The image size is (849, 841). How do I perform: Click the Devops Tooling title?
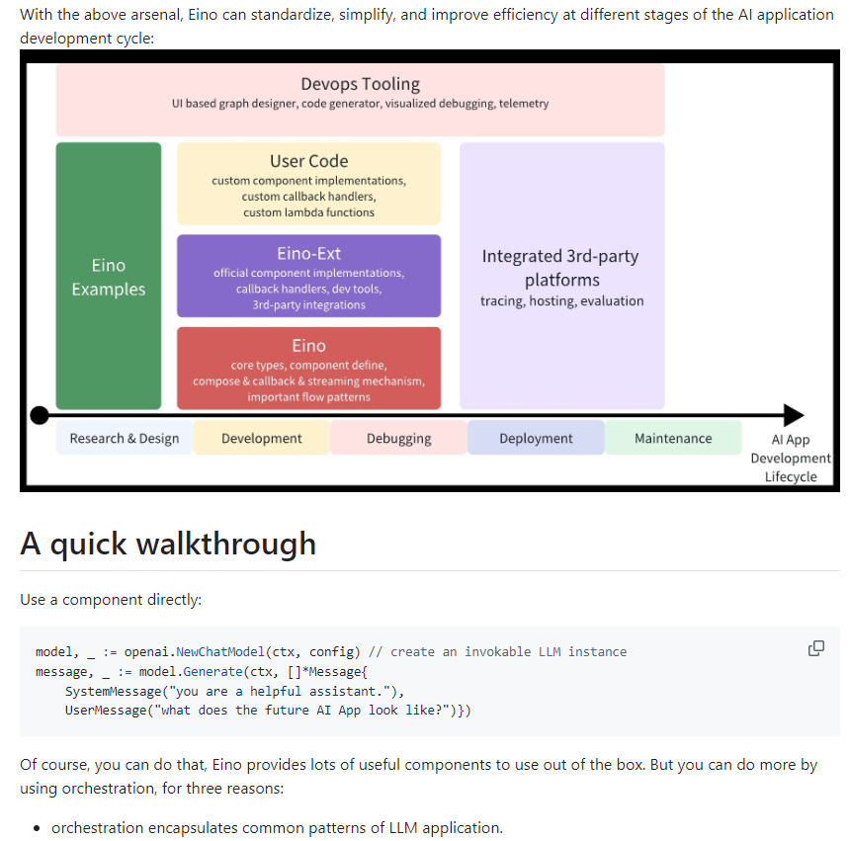click(x=360, y=84)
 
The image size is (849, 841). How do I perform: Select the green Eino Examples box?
click(x=109, y=277)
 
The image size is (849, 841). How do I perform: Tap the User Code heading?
click(x=308, y=161)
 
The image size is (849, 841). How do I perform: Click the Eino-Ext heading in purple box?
click(x=308, y=253)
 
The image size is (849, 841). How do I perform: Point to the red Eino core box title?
click(x=308, y=346)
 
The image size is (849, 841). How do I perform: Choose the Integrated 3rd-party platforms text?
click(x=560, y=268)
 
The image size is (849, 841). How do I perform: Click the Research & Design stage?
click(x=125, y=438)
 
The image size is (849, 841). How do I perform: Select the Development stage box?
click(x=262, y=438)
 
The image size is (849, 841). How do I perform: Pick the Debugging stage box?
click(x=398, y=438)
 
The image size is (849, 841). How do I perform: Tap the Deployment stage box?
click(x=536, y=438)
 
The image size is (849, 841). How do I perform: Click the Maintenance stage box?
click(x=673, y=438)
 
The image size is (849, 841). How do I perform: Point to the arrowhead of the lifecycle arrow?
click(x=794, y=415)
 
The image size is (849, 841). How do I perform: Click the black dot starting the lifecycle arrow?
click(x=40, y=415)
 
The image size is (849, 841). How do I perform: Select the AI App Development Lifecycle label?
click(x=791, y=459)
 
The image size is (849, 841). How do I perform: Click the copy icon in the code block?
click(x=816, y=648)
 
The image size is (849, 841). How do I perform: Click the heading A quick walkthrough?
click(x=168, y=544)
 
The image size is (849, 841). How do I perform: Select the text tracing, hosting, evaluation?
click(x=561, y=300)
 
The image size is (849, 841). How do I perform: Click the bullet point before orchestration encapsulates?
click(x=37, y=828)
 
